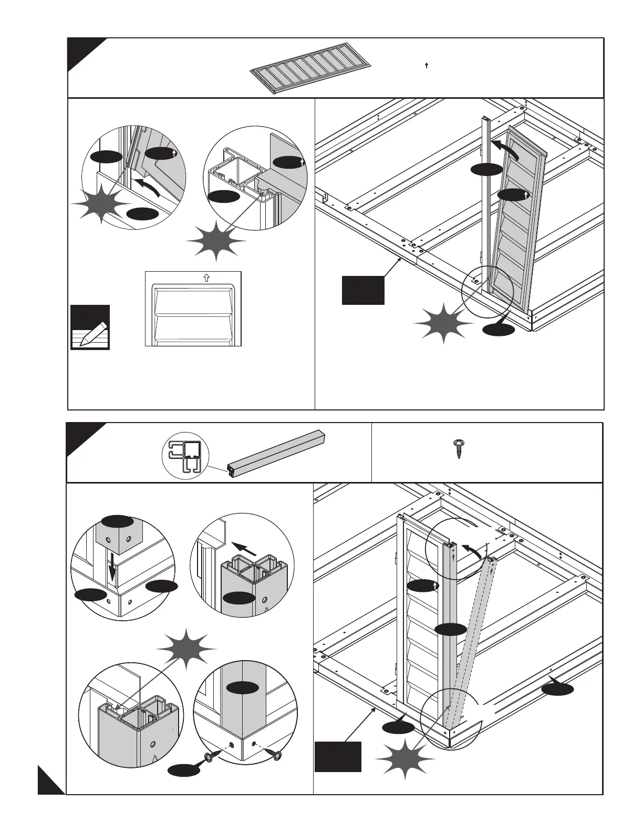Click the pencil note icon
pyautogui.click(x=90, y=327)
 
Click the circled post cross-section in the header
pyautogui.click(x=185, y=454)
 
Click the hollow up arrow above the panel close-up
pyautogui.click(x=206, y=277)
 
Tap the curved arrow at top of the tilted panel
pyautogui.click(x=504, y=148)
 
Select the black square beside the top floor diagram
pyautogui.click(x=363, y=290)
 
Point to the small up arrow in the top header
pyautogui.click(x=427, y=66)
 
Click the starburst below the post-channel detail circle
pyautogui.click(x=216, y=240)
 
